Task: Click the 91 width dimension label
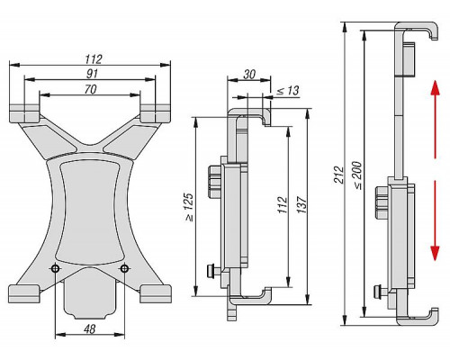92,74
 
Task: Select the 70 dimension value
90,89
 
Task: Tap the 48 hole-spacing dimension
90,329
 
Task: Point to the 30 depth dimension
249,74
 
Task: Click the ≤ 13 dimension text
288,90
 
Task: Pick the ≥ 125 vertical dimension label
189,207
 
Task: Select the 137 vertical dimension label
302,205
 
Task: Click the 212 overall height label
338,175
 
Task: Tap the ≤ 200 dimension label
358,175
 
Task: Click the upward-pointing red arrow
436,120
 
